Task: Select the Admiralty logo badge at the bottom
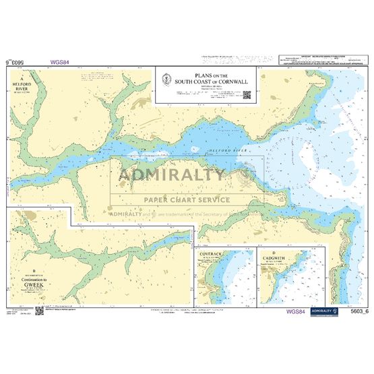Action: point(325,312)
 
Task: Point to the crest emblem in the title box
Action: point(166,80)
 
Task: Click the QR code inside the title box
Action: point(247,95)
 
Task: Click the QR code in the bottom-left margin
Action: point(39,311)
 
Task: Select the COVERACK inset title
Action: point(210,255)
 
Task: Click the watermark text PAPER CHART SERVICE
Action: point(187,199)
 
